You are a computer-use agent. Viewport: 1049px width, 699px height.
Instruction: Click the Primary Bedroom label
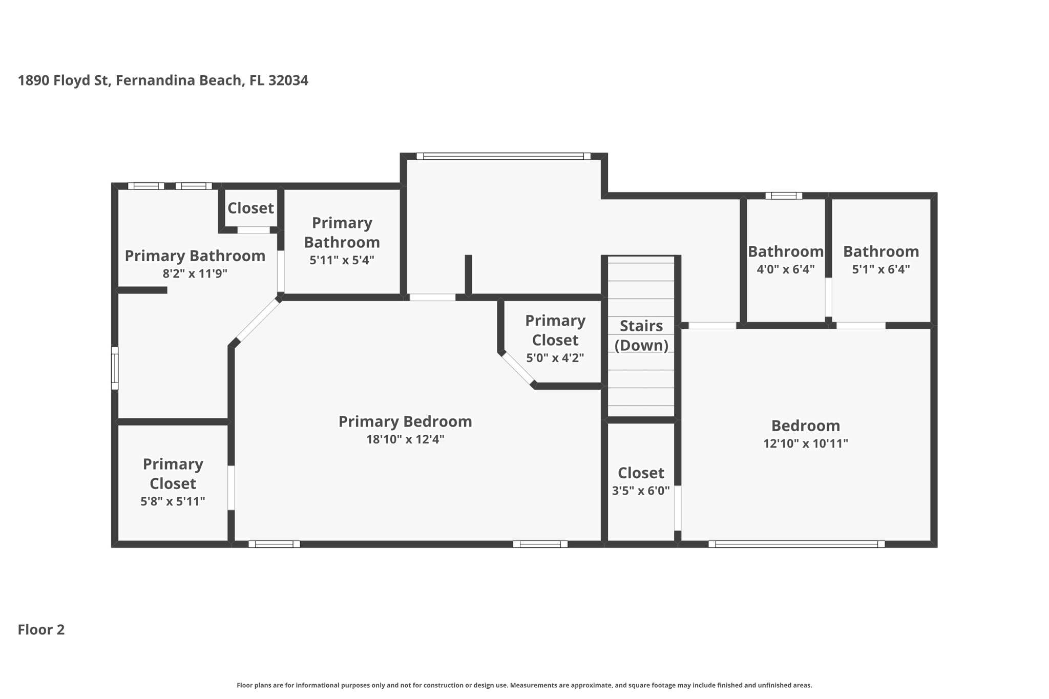click(x=405, y=421)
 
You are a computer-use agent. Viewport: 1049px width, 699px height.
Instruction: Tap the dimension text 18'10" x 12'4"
click(x=405, y=439)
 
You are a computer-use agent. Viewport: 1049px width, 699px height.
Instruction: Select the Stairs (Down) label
click(x=641, y=335)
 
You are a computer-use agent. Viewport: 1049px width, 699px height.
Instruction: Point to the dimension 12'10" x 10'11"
click(x=805, y=443)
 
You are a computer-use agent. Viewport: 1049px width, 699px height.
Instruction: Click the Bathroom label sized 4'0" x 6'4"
click(x=785, y=251)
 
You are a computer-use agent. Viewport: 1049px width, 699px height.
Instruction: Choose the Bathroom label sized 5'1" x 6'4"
click(x=880, y=251)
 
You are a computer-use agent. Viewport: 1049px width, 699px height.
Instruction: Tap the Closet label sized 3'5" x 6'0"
click(x=640, y=473)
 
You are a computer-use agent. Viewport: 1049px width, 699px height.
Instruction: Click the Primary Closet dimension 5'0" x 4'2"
click(x=555, y=358)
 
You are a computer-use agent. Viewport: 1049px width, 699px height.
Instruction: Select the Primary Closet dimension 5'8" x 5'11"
click(x=173, y=501)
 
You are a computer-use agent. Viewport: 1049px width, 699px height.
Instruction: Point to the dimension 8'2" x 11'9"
click(x=195, y=273)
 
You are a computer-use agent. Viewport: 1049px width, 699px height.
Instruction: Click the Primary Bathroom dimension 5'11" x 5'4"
click(x=342, y=260)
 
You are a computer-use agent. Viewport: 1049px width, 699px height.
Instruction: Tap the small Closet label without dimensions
click(x=250, y=208)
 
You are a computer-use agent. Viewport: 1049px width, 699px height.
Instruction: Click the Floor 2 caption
click(x=41, y=629)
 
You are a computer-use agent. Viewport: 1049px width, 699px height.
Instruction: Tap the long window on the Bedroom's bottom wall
click(x=796, y=544)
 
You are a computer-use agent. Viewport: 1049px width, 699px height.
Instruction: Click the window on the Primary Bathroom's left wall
click(x=115, y=368)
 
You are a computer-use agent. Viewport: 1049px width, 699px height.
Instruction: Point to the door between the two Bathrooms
click(x=828, y=297)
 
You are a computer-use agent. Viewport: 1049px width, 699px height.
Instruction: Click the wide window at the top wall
click(x=503, y=156)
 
